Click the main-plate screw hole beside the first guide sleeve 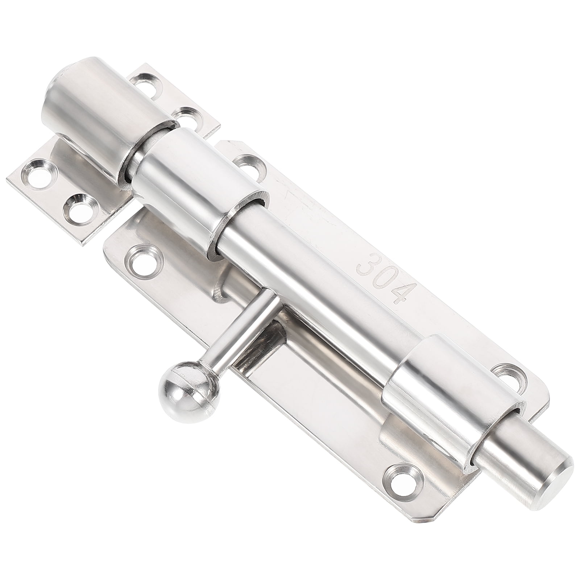coord(246,161)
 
